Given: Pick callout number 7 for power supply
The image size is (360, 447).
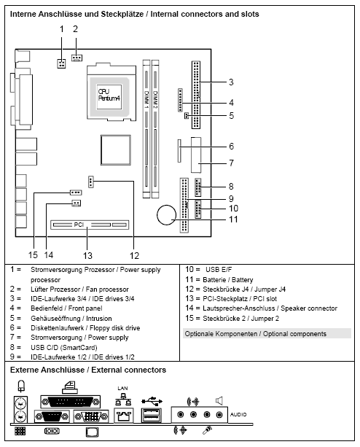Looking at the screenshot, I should pyautogui.click(x=230, y=162).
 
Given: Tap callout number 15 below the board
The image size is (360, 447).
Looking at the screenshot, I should pyautogui.click(x=32, y=254).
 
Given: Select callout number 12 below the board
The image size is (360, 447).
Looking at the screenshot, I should pyautogui.click(x=135, y=254).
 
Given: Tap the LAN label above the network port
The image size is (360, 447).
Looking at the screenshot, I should pyautogui.click(x=122, y=389).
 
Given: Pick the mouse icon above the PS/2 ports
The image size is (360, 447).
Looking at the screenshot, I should pyautogui.click(x=21, y=386).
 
